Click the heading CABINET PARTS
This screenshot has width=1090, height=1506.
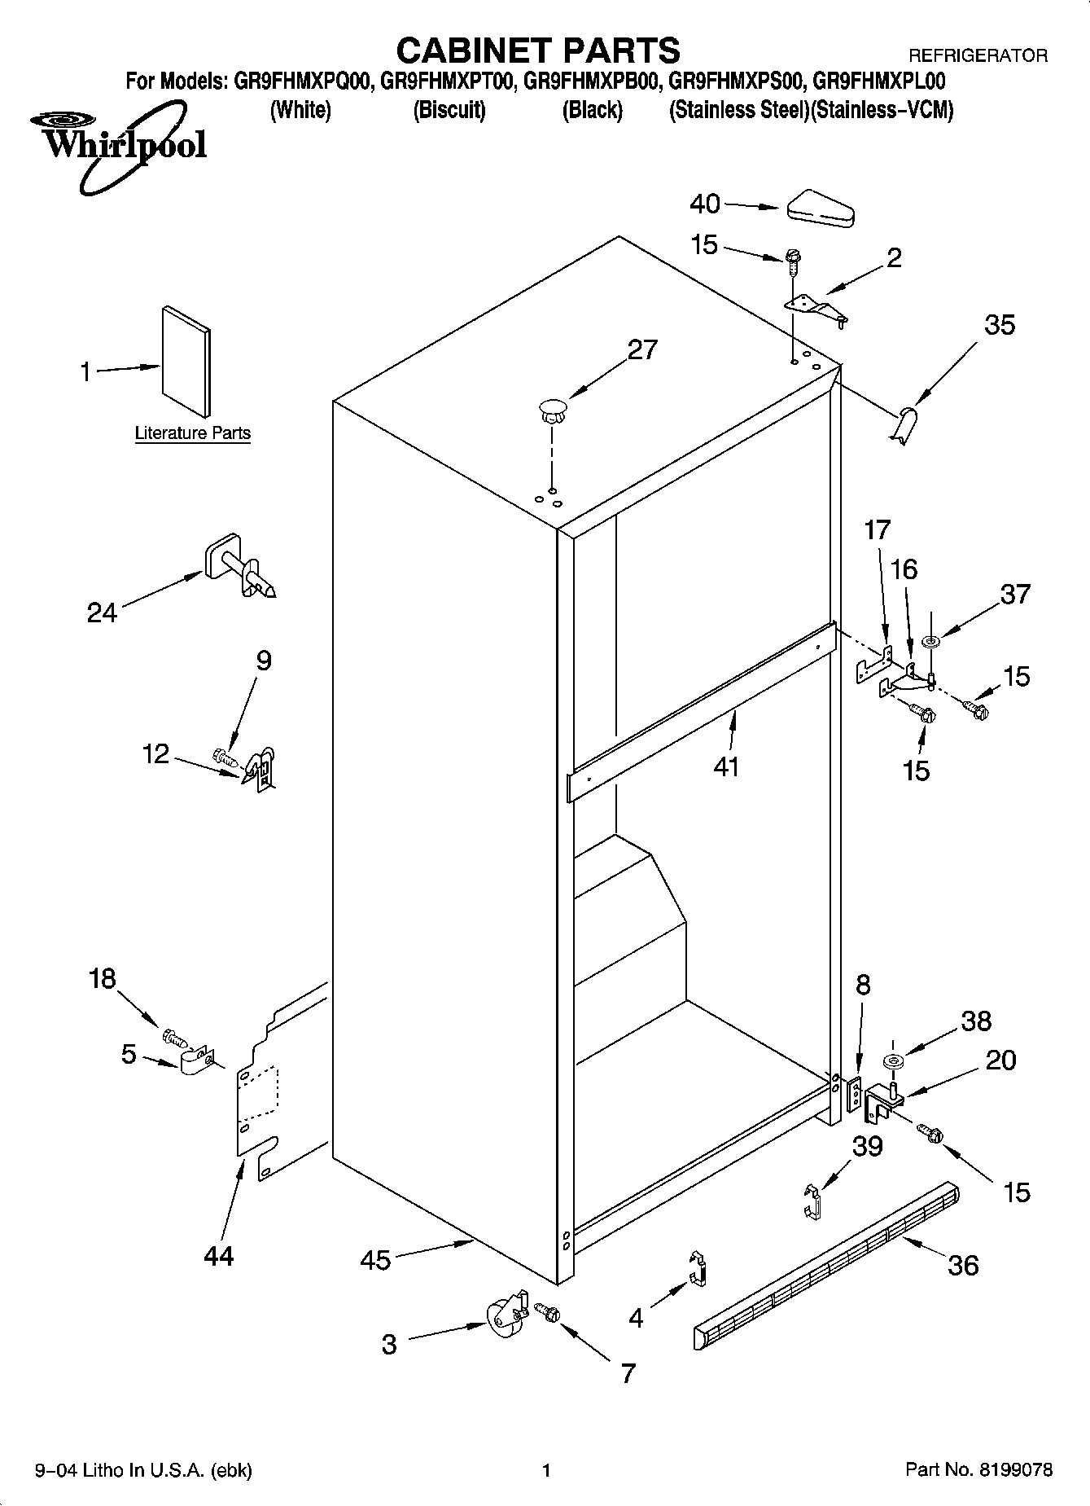(x=538, y=50)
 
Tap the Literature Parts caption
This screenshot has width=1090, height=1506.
(x=192, y=433)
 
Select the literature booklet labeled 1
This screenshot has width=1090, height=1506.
(x=186, y=361)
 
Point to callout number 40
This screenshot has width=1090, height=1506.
(x=705, y=203)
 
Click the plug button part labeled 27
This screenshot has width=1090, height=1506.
(x=552, y=409)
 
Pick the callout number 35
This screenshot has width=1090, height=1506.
(x=1000, y=325)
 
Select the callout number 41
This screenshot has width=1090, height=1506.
(x=726, y=766)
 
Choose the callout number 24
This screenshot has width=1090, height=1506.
(x=103, y=612)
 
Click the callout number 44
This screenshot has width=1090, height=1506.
(x=219, y=1255)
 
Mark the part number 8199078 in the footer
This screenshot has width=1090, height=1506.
(x=1016, y=1469)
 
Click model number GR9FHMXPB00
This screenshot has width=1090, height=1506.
(x=591, y=81)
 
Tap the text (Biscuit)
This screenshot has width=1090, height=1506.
(x=449, y=110)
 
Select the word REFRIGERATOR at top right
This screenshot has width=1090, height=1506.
(x=977, y=56)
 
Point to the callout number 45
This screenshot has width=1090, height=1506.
(x=375, y=1260)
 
